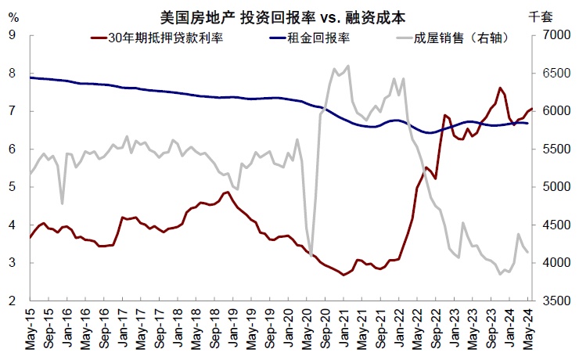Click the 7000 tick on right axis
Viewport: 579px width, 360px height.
554,34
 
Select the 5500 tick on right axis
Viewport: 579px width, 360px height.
554,149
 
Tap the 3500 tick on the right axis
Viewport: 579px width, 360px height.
554,301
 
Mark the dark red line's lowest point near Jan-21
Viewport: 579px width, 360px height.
343,275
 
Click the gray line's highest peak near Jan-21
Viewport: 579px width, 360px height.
347,66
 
